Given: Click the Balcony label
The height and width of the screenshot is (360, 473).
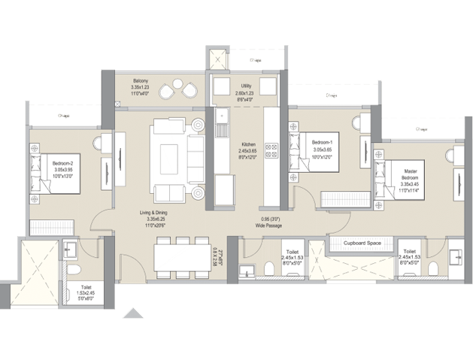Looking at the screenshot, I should pos(141,80).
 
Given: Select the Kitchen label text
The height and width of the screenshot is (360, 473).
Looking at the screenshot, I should pos(248,144).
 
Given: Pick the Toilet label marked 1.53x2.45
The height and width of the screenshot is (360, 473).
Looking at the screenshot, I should pos(87,287).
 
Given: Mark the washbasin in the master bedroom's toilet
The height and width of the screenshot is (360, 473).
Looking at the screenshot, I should pos(455,259).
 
